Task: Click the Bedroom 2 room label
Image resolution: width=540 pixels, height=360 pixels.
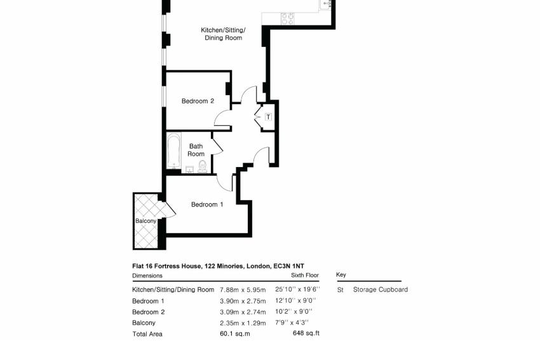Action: tap(198, 101)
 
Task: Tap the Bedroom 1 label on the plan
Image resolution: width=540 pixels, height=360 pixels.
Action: tap(207, 204)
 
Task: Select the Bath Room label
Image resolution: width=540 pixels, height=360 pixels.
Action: tap(196, 150)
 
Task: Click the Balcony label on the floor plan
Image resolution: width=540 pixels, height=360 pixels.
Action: tap(145, 221)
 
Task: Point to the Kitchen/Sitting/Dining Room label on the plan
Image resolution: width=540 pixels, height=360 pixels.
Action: tap(223, 34)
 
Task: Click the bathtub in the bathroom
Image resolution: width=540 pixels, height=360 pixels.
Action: tap(173, 152)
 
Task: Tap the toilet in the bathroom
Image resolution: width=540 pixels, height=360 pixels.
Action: tap(203, 166)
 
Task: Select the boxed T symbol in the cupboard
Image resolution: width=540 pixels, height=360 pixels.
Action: tap(269, 117)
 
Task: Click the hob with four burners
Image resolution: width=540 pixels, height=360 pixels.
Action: tap(288, 18)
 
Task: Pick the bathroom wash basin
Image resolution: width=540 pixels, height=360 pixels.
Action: tap(189, 170)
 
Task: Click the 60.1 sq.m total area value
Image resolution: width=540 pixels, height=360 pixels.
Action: tap(235, 333)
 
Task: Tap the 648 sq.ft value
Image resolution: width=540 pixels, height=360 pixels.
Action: tap(306, 333)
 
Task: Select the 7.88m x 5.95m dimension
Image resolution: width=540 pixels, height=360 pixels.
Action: tap(243, 290)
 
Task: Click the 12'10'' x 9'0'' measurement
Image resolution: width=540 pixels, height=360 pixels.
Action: tap(295, 300)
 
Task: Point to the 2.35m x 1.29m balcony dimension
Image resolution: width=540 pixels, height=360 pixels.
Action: tap(243, 323)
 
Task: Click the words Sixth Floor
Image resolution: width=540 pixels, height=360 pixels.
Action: tap(305, 276)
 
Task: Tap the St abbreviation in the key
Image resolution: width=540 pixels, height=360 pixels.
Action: tap(341, 290)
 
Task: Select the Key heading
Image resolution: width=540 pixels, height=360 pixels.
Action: tap(341, 275)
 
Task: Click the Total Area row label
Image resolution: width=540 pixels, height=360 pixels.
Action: tap(147, 334)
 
